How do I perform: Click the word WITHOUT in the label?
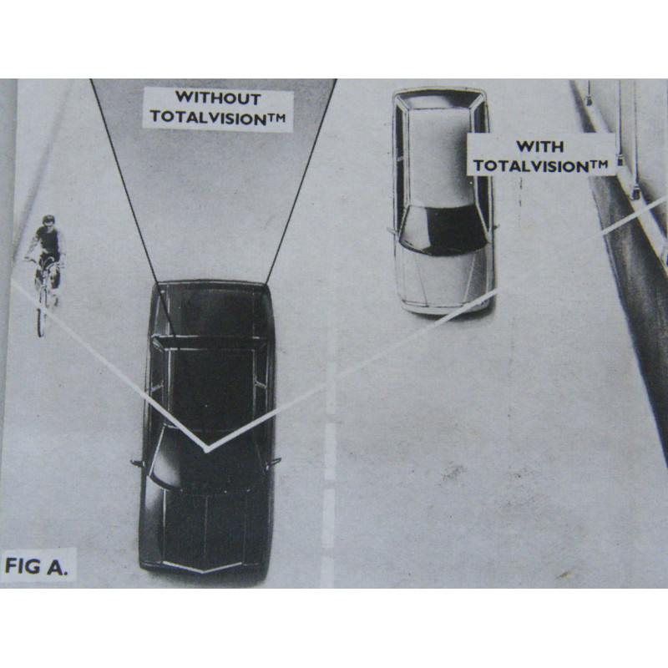click(218, 98)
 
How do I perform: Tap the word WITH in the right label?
click(540, 147)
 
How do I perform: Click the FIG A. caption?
click(36, 566)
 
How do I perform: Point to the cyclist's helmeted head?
click(48, 220)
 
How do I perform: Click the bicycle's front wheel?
click(41, 319)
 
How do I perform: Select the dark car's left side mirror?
click(136, 463)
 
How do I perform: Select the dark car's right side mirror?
click(274, 462)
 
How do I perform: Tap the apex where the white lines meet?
click(206, 449)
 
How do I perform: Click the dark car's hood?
click(205, 529)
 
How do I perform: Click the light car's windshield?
click(443, 230)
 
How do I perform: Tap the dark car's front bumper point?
click(203, 570)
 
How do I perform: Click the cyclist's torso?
click(49, 240)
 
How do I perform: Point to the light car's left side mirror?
click(392, 231)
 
